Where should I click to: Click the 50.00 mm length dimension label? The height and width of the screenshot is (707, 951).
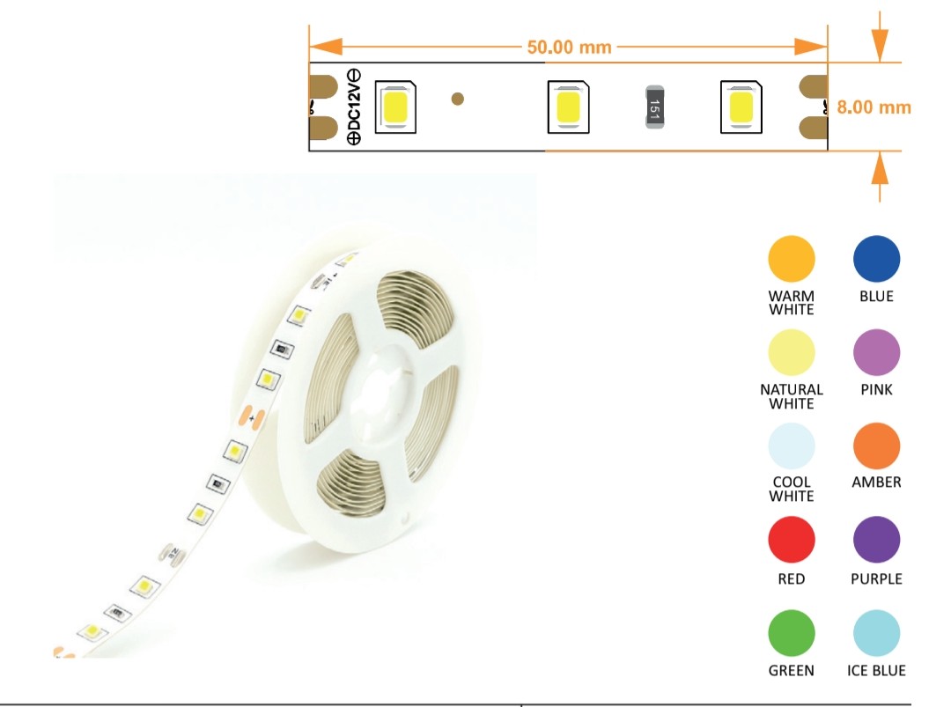pyautogui.click(x=569, y=47)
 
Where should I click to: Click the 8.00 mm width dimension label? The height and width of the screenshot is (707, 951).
pyautogui.click(x=873, y=107)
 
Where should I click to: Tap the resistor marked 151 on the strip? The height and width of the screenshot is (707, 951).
pyautogui.click(x=654, y=107)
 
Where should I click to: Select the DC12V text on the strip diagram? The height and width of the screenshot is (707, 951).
pyautogui.click(x=353, y=107)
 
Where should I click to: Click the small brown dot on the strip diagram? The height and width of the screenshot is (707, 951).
pyautogui.click(x=457, y=99)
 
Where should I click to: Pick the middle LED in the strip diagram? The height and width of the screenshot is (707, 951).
pyautogui.click(x=568, y=107)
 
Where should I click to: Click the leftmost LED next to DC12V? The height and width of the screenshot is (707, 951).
pyautogui.click(x=395, y=107)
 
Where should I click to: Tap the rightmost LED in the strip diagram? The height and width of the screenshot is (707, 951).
pyautogui.click(x=741, y=107)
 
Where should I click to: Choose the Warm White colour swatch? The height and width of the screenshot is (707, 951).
pyautogui.click(x=791, y=260)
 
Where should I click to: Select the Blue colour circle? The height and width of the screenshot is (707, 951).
pyautogui.click(x=876, y=260)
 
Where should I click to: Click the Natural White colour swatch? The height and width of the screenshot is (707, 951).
pyautogui.click(x=791, y=353)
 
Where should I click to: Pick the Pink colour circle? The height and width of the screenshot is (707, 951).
pyautogui.click(x=876, y=353)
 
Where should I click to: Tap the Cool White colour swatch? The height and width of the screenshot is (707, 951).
pyautogui.click(x=791, y=446)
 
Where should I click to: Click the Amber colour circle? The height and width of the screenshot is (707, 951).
pyautogui.click(x=876, y=446)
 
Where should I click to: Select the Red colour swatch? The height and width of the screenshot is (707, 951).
pyautogui.click(x=791, y=540)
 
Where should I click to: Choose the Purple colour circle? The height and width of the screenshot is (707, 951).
pyautogui.click(x=876, y=540)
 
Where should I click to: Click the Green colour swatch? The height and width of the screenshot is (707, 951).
pyautogui.click(x=791, y=632)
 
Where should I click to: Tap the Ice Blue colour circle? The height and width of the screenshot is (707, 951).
pyautogui.click(x=876, y=632)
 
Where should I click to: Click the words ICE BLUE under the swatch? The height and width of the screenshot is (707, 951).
pyautogui.click(x=876, y=671)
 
